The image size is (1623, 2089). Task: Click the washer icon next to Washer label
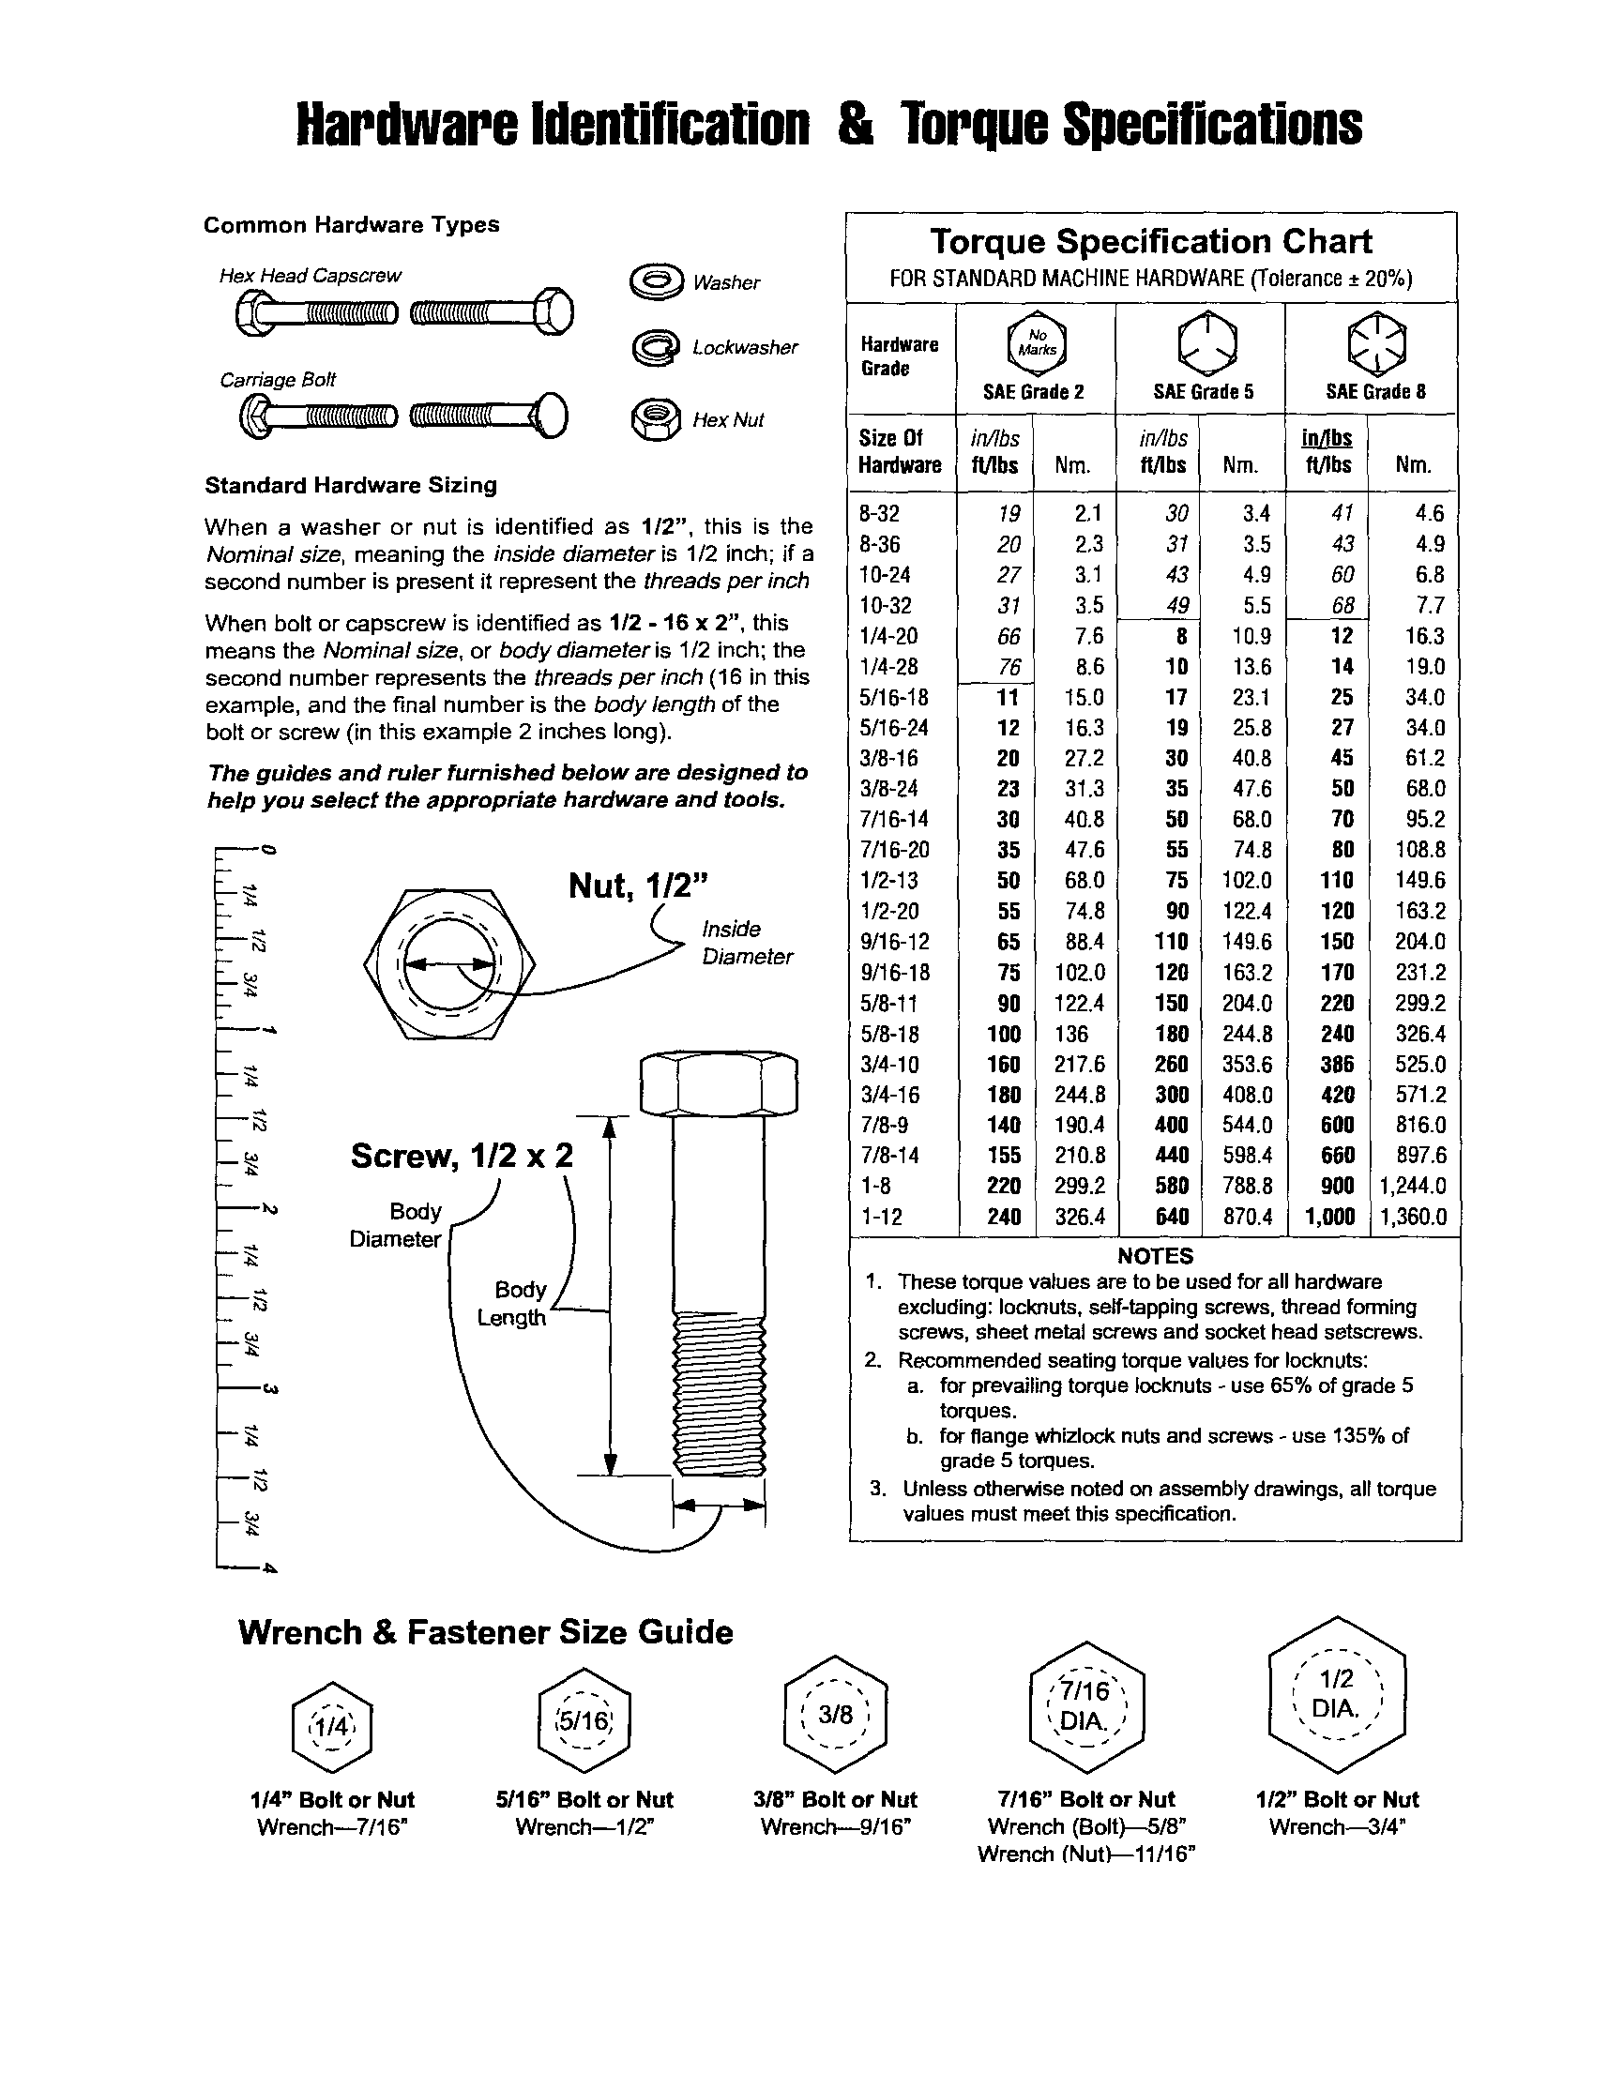[656, 281]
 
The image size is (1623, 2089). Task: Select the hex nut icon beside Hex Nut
[656, 419]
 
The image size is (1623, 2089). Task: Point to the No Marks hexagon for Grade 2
[1036, 342]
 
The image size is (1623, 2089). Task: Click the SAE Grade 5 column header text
[1202, 391]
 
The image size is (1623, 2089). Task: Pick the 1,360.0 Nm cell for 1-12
[1413, 1217]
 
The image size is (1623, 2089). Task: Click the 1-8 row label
[875, 1186]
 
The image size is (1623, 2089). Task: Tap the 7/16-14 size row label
[893, 820]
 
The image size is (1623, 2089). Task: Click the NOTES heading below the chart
[1154, 1256]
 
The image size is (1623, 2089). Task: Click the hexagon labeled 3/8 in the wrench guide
[835, 1715]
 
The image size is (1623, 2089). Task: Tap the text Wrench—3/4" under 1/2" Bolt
[1337, 1827]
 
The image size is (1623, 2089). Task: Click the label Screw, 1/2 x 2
[461, 1156]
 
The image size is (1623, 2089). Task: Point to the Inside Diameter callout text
[746, 943]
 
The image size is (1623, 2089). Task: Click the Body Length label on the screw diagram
[513, 1303]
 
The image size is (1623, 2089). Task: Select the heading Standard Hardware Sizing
[350, 485]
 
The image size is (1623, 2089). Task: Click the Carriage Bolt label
[278, 380]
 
